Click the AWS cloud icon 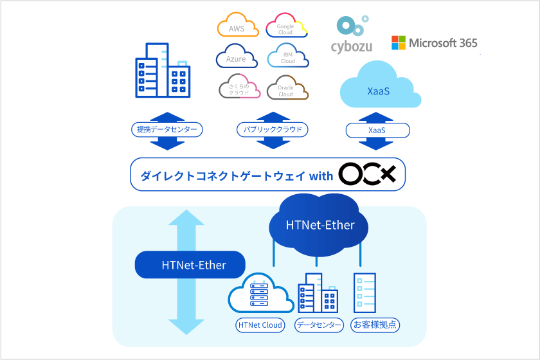point(238,25)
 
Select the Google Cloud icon point(286,26)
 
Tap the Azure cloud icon point(237,56)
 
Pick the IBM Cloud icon point(288,55)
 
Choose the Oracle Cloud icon point(287,88)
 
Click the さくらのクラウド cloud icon point(239,86)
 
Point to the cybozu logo point(352,35)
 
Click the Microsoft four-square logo point(399,42)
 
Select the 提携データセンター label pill point(167,129)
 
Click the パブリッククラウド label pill point(273,129)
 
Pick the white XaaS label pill point(377,130)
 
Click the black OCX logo point(367,174)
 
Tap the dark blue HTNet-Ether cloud point(319,225)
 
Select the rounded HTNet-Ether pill point(190,265)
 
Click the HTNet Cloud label point(260,325)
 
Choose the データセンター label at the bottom point(319,325)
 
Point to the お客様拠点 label point(375,325)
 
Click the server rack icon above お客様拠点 point(364,293)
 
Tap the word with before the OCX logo point(321,176)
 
